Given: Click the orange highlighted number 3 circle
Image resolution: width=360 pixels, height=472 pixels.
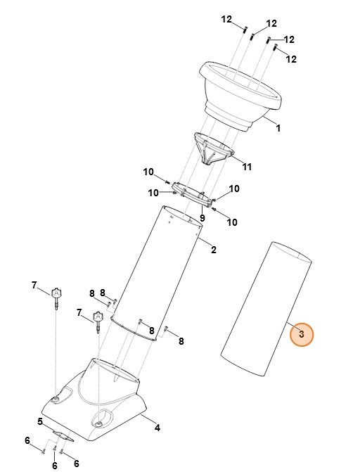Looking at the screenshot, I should (x=301, y=335).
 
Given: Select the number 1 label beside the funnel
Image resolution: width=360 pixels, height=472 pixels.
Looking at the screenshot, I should (x=278, y=129).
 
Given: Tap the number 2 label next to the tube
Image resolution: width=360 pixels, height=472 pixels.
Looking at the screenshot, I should (x=214, y=249).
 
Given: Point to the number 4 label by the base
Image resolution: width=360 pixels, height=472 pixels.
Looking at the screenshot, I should (x=157, y=427).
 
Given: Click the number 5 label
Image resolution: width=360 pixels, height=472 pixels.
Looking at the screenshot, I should (x=40, y=422).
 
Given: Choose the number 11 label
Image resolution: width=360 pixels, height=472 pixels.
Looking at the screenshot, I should (x=247, y=167).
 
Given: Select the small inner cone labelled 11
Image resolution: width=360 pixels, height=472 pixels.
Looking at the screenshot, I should (x=212, y=148).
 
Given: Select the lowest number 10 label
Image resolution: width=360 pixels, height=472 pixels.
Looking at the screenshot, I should (x=231, y=222).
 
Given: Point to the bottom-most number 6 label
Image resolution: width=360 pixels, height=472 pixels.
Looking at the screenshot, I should (x=54, y=466).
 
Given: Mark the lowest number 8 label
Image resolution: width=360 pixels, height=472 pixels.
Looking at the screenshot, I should (x=181, y=341).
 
